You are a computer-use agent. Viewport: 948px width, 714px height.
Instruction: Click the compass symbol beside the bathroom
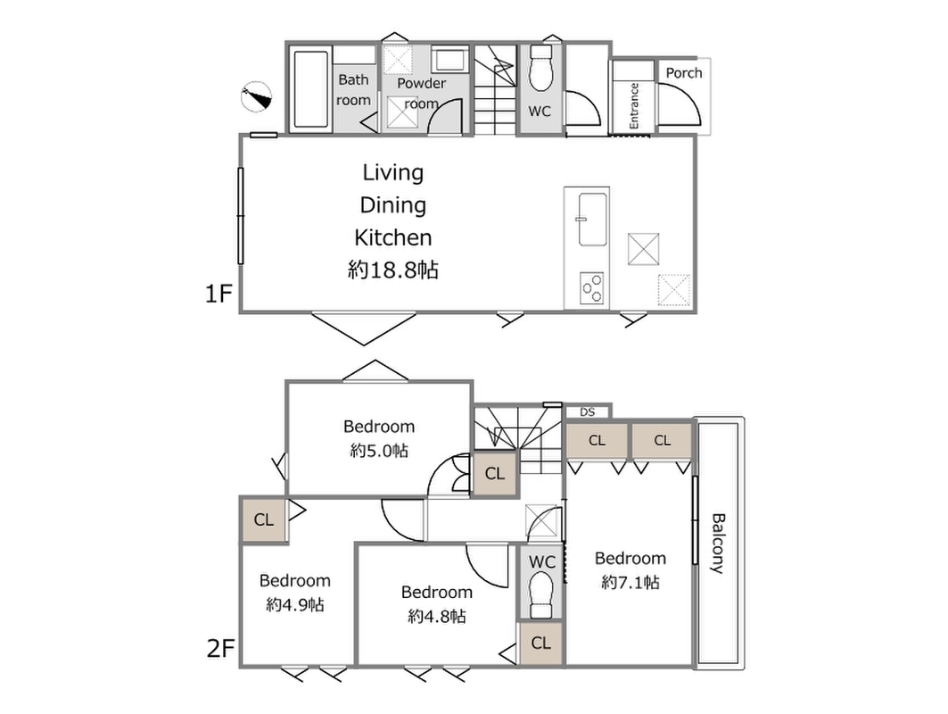256,96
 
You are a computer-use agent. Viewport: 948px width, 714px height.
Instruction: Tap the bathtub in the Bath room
310,89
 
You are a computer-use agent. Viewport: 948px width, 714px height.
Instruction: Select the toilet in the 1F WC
540,69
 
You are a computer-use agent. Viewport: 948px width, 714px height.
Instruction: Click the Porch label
684,73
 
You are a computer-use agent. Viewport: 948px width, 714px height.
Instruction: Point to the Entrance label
634,105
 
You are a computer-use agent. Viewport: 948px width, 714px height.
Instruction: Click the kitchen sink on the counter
592,220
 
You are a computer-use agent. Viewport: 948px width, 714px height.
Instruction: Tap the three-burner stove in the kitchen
592,288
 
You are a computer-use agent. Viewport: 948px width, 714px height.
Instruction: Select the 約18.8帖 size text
393,270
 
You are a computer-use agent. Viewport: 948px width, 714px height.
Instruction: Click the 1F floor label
218,294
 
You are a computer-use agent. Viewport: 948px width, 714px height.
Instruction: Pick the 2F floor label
220,649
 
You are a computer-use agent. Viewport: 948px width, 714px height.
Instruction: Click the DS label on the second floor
587,412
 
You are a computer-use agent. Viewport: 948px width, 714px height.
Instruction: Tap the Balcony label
717,543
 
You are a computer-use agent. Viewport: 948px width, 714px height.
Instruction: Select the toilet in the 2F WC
541,595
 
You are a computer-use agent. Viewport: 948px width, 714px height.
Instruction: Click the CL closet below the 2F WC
541,643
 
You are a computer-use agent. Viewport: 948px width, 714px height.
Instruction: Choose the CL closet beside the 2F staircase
495,474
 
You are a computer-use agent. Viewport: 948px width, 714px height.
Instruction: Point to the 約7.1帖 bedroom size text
630,582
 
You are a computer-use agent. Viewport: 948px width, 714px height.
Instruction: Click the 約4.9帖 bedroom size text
295,604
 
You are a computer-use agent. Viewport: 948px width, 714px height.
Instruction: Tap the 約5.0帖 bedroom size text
379,451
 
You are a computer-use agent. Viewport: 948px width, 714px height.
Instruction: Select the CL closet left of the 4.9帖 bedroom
264,519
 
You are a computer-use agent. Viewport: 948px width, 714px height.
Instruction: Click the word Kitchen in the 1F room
393,237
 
